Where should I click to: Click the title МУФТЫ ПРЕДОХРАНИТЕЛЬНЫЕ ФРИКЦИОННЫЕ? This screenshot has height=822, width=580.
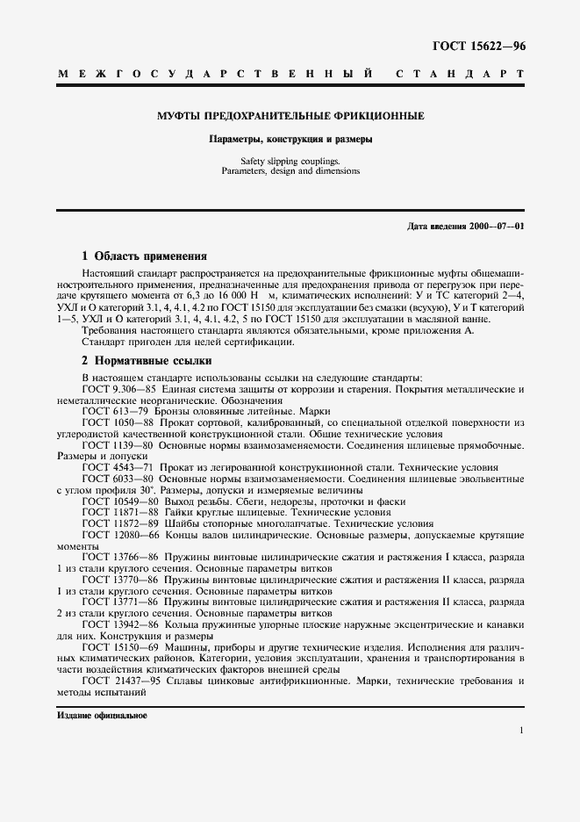tap(290, 115)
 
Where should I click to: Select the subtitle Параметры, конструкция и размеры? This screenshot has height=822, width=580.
tap(290, 139)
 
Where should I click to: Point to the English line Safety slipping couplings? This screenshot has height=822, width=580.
tap(290, 161)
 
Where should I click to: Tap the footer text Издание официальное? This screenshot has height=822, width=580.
tap(102, 716)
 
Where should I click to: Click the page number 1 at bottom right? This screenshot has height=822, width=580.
tap(521, 731)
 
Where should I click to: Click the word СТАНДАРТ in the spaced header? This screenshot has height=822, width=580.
tap(461, 76)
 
